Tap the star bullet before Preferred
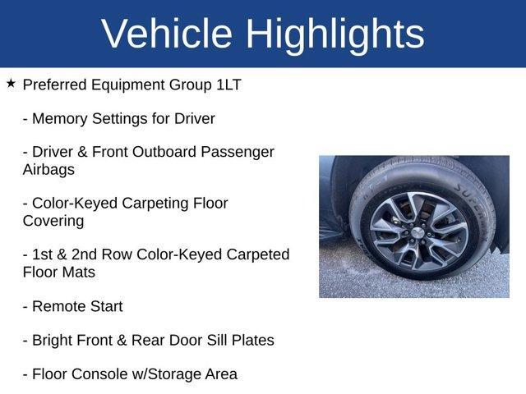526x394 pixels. [x=11, y=84]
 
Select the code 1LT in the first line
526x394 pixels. [x=225, y=85]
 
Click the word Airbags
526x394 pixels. [x=48, y=169]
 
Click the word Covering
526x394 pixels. [x=53, y=221]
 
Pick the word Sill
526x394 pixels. [x=217, y=340]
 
